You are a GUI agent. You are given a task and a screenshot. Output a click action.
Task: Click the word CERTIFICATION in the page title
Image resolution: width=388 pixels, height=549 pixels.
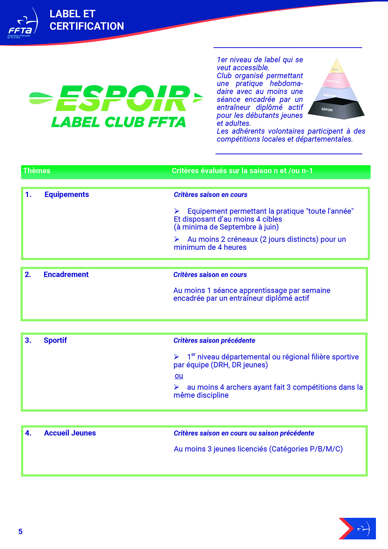point(87,26)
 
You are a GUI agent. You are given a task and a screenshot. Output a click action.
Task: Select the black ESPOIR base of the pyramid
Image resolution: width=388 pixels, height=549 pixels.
point(338,110)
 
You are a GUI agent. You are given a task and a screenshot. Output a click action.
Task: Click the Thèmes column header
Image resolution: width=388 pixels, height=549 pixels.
point(37,171)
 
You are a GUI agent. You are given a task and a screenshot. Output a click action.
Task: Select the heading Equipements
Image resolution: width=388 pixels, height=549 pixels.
point(67,194)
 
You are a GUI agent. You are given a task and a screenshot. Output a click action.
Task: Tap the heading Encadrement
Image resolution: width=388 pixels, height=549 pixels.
point(66,275)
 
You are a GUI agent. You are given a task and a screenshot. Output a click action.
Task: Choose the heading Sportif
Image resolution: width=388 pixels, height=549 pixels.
point(55,340)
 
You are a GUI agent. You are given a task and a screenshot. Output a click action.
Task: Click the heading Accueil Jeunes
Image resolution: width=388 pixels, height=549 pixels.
point(70,433)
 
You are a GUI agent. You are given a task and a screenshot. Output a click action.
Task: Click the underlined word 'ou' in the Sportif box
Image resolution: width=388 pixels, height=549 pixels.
point(179,376)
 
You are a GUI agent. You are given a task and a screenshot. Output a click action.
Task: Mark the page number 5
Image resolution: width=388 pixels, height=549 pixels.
point(20,532)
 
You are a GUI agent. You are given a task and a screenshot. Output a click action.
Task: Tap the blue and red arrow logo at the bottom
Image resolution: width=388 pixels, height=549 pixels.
point(357,529)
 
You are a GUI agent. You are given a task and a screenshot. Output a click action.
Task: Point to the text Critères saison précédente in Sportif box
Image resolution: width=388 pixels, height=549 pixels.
point(214,341)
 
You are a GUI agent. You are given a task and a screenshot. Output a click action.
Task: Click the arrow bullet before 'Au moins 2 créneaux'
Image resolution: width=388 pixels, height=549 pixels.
point(177,240)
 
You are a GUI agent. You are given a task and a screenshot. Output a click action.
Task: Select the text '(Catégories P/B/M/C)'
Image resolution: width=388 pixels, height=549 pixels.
point(306,449)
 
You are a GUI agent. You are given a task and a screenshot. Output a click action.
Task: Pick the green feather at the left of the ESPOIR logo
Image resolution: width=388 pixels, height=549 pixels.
point(41,98)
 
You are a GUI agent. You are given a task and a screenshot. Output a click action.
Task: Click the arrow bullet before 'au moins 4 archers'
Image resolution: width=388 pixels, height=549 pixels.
point(177,387)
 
